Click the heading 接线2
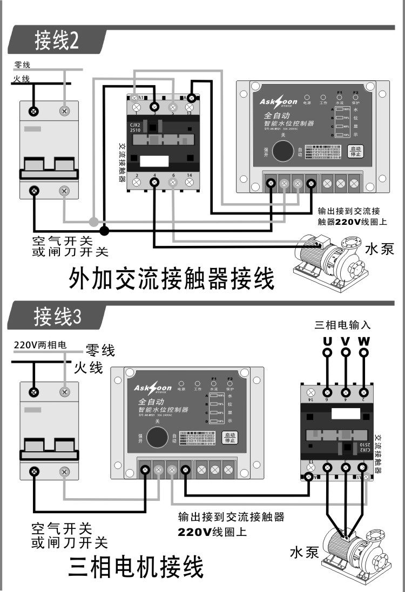click(57, 41)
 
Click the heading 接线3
click(57, 316)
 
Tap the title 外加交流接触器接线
click(172, 279)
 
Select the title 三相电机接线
click(136, 567)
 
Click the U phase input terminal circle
click(327, 353)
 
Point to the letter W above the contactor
click(364, 341)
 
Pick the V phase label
click(346, 341)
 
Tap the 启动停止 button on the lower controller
click(230, 437)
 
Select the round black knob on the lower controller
click(157, 437)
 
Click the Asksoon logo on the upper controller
click(278, 102)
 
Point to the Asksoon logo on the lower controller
click(153, 388)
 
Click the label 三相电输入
click(343, 325)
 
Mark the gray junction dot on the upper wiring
click(94, 222)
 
